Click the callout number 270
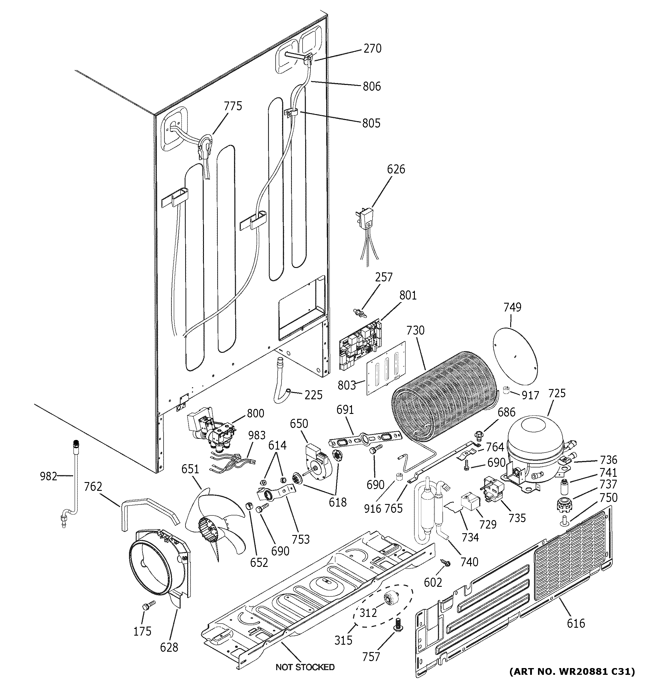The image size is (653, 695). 372,48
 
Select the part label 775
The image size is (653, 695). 233,106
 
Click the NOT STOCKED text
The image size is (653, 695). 305,667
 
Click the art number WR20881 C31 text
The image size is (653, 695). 572,672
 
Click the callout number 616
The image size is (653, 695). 575,623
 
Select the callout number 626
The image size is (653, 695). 396,169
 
